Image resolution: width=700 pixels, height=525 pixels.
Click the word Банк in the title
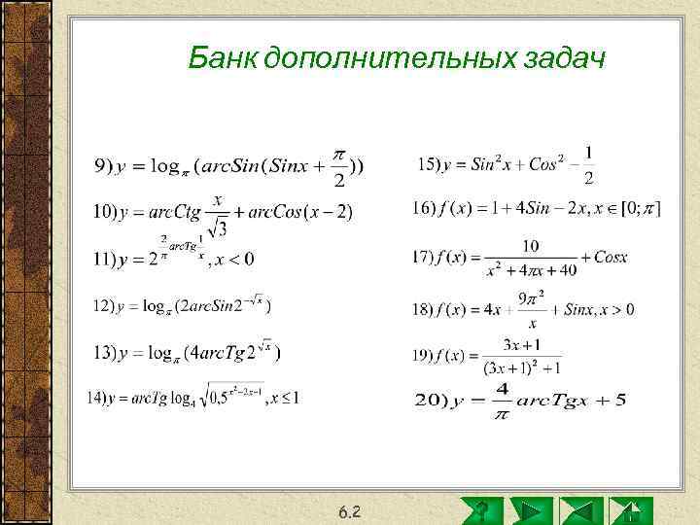[x=222, y=60]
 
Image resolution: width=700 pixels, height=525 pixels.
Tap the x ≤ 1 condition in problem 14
[x=283, y=398]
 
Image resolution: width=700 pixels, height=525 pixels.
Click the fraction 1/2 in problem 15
[x=589, y=165]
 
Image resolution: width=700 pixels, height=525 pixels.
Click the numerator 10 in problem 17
[x=531, y=244]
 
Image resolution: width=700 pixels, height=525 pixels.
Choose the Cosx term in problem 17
[x=609, y=258]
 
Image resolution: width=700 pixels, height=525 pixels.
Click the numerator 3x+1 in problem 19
[x=523, y=345]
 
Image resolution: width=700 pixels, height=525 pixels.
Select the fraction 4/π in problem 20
[x=502, y=401]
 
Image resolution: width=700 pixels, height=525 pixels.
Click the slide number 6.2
[x=350, y=511]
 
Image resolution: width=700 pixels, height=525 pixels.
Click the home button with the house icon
[x=629, y=510]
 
